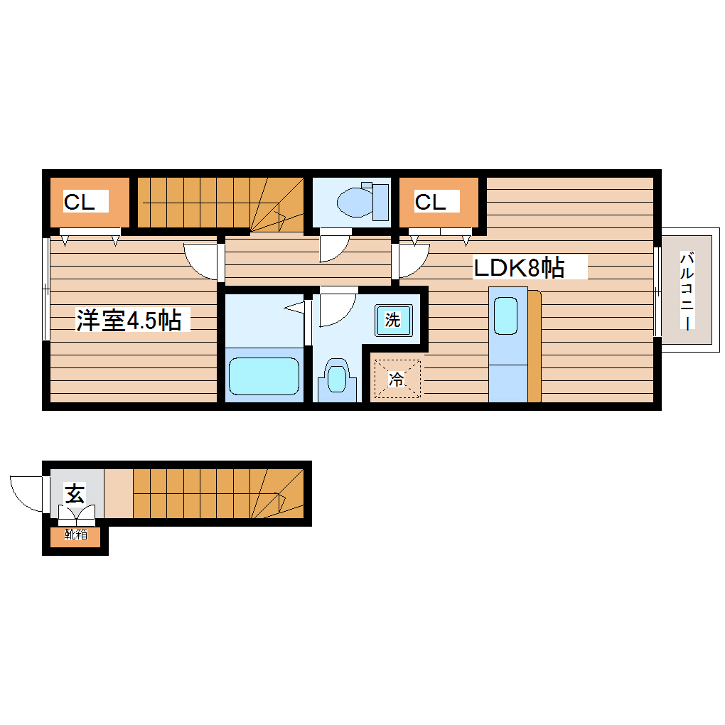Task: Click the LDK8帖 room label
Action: [520, 267]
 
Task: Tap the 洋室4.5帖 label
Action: [129, 321]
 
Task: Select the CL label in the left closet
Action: [80, 202]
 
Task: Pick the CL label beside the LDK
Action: [430, 202]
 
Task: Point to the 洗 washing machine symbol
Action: [392, 320]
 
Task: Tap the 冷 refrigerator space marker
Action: [397, 380]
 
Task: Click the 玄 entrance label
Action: [74, 493]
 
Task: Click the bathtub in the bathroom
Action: [264, 375]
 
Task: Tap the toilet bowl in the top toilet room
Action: [351, 202]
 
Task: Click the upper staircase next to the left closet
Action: [220, 203]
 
